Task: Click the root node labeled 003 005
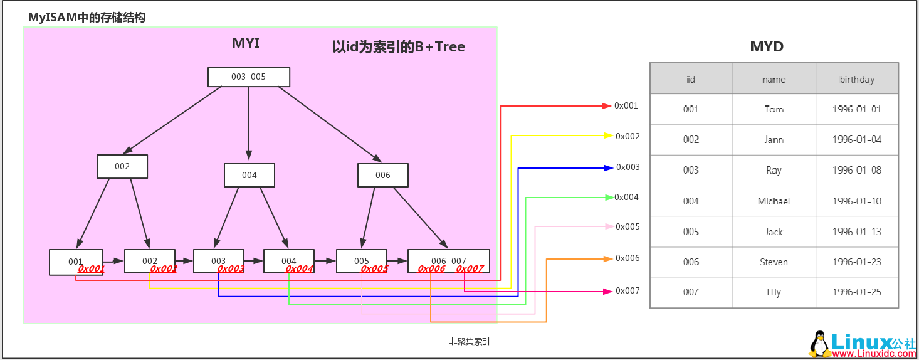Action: coord(248,77)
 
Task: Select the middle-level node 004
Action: coord(249,175)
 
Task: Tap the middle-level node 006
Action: coord(382,175)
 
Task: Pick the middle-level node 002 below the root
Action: coord(122,166)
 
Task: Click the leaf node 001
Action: coord(75,261)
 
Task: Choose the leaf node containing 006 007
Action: coord(448,260)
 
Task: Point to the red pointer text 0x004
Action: coord(299,269)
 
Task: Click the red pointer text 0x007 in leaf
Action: coord(470,269)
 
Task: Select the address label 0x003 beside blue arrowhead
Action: coord(628,167)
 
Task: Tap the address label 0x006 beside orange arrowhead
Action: coord(628,258)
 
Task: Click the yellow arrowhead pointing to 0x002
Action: coord(608,135)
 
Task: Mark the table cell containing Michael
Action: coord(774,201)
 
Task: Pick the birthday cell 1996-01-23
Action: coord(856,262)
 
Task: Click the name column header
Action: coord(774,80)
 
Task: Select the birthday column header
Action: coord(856,80)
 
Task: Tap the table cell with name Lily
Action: coord(774,292)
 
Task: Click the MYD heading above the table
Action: coord(767,47)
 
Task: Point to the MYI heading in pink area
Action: coord(246,43)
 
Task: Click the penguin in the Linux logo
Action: coord(818,344)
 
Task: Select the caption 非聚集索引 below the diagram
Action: coord(470,342)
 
